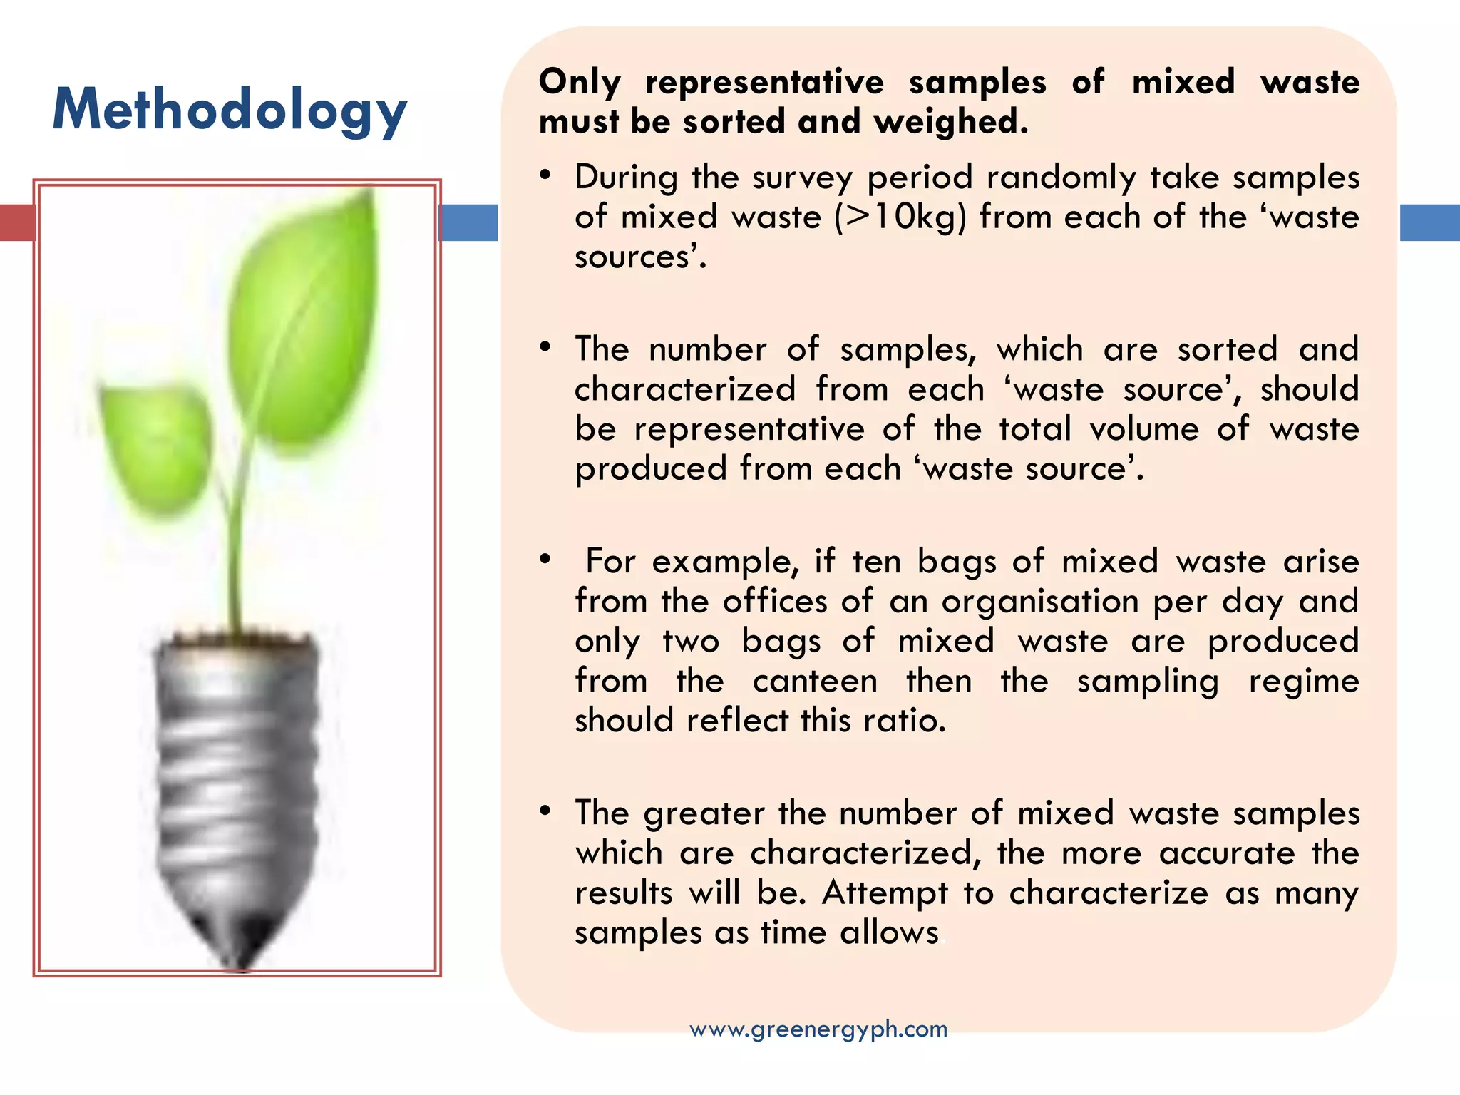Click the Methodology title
click(x=230, y=110)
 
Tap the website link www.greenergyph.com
click(x=818, y=1029)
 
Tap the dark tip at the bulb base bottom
click(x=242, y=941)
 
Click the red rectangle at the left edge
click(x=16, y=222)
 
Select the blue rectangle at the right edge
click(x=1429, y=222)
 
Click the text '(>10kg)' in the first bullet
click(x=900, y=217)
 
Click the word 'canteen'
click(x=815, y=681)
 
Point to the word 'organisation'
click(x=1040, y=602)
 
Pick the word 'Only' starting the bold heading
click(x=580, y=82)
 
